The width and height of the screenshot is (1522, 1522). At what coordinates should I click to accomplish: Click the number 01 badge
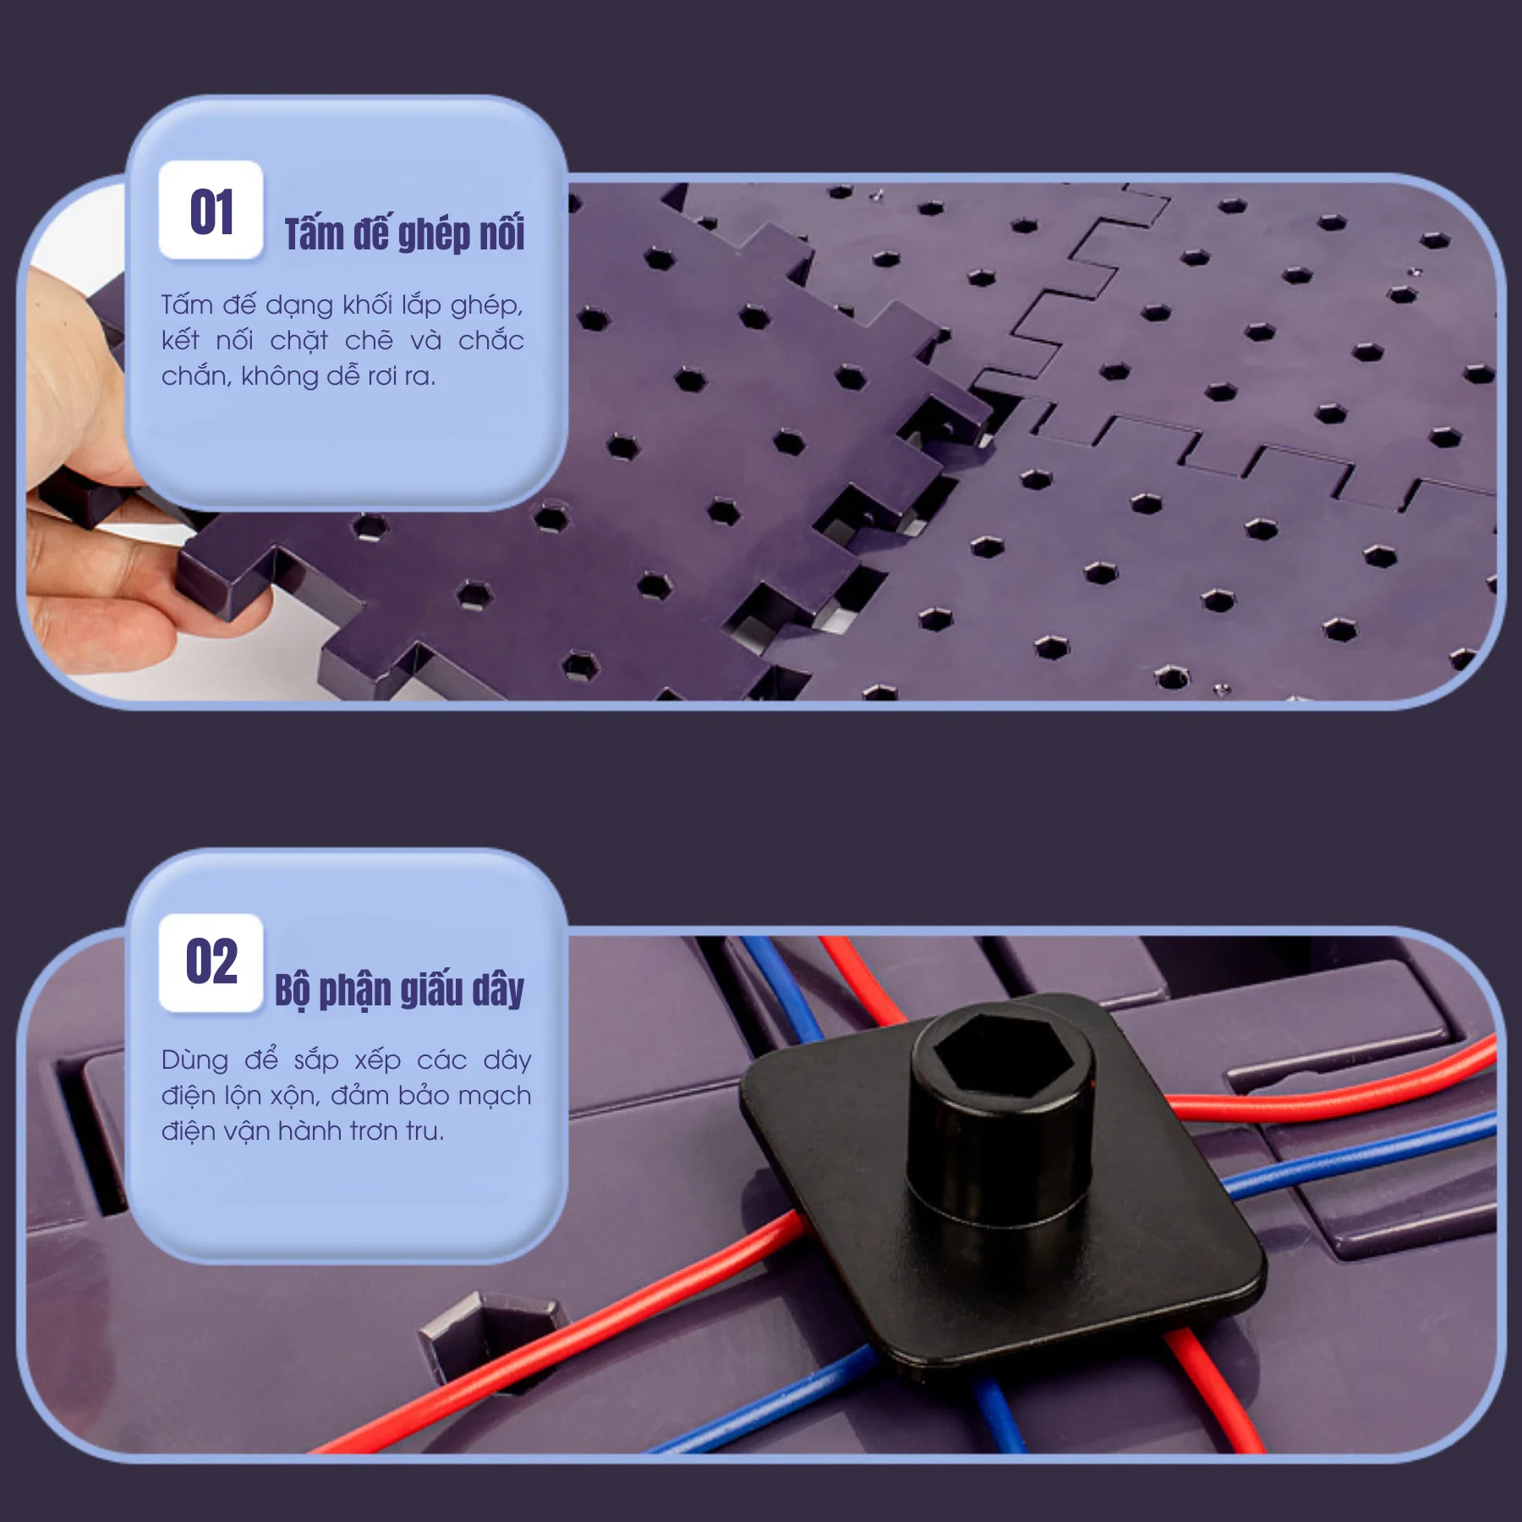(211, 210)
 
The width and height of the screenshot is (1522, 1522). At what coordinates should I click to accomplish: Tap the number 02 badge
(211, 962)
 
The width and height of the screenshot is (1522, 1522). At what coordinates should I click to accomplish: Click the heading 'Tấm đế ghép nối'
(404, 233)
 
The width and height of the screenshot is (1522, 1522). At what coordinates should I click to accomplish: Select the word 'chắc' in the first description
(490, 340)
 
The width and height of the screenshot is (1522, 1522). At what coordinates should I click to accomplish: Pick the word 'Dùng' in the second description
(194, 1060)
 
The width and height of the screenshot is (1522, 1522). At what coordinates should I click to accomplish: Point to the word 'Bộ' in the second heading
(293, 989)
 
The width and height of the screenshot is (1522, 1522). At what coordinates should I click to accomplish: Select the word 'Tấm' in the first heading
(314, 233)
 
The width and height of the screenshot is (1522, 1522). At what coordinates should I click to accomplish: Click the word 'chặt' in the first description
(298, 340)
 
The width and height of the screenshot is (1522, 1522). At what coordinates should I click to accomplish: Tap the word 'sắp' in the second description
(315, 1060)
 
